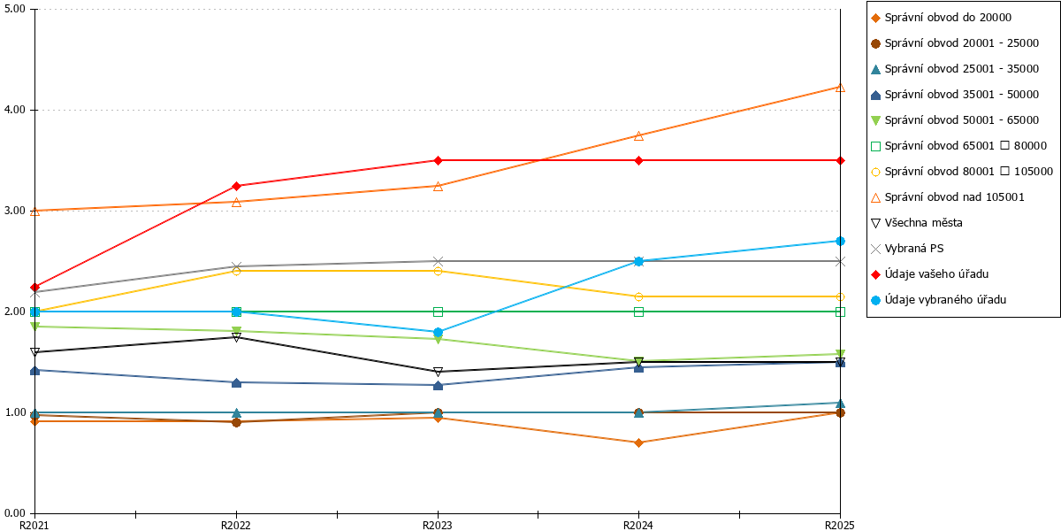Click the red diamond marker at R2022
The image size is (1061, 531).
click(236, 186)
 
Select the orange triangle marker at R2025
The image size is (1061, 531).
click(840, 88)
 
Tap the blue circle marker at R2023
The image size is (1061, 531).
click(438, 332)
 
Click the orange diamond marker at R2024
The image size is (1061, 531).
click(638, 442)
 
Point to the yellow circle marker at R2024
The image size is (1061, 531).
click(638, 296)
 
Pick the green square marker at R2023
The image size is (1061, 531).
click(438, 312)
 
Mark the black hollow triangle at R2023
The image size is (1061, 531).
click(438, 372)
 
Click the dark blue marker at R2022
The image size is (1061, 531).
click(236, 382)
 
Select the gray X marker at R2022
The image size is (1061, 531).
click(236, 266)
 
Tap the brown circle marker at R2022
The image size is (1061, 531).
click(236, 422)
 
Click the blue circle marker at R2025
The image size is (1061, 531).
click(840, 241)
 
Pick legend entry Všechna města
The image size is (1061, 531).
click(917, 223)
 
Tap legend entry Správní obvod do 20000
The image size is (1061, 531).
click(941, 18)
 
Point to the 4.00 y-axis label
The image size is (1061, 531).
click(15, 110)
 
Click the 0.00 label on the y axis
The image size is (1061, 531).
click(15, 513)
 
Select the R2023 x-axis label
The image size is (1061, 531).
click(437, 526)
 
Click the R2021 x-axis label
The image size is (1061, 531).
click(34, 526)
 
